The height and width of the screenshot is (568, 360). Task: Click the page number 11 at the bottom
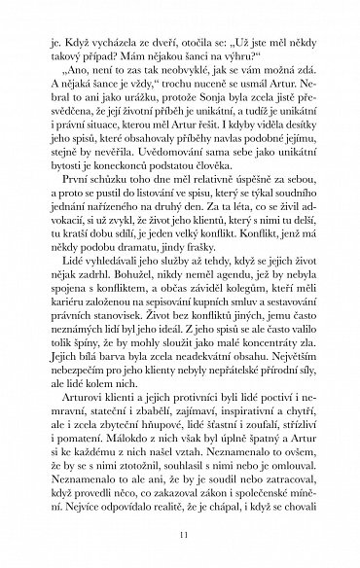click(179, 535)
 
